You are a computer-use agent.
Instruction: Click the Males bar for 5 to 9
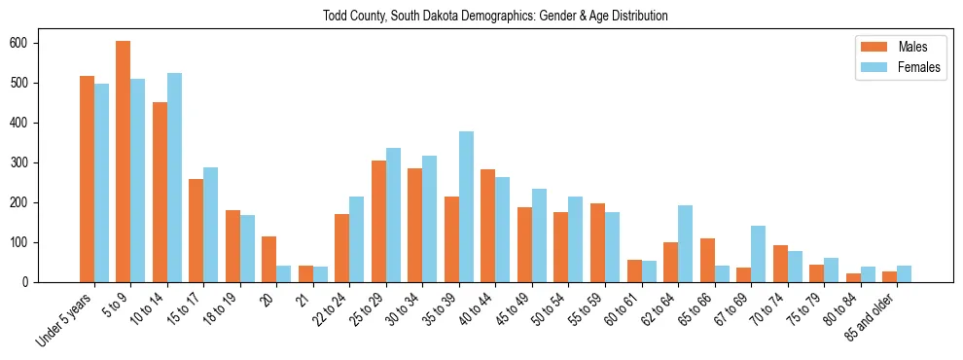coord(123,162)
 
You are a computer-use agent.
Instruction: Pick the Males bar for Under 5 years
coord(87,179)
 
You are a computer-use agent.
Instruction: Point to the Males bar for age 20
coord(268,259)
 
